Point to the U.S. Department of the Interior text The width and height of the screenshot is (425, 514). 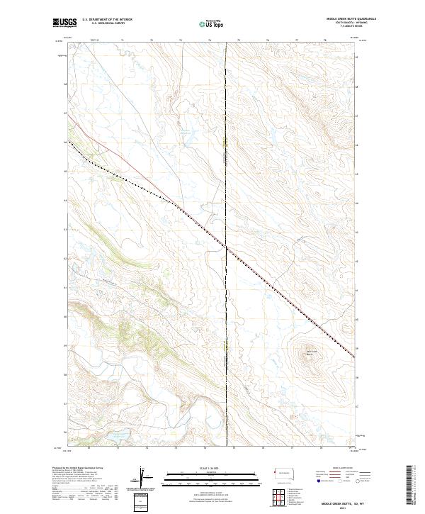tap(107, 20)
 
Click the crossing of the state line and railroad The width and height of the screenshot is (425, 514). tap(226, 247)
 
